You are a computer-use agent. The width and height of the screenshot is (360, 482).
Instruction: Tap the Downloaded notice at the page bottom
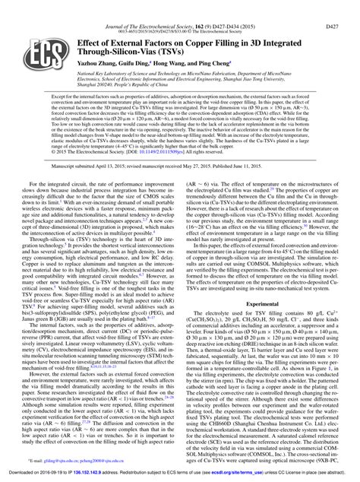[x=179, y=474]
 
